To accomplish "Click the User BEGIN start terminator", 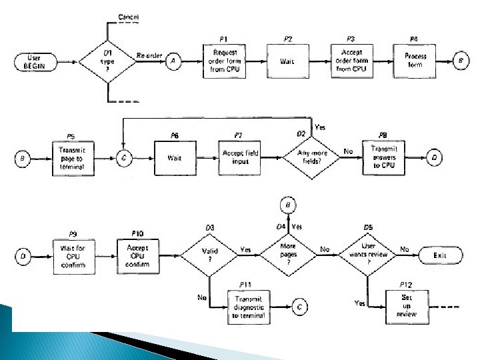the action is (33, 62).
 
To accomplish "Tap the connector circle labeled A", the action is (173, 61).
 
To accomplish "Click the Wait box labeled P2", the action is (287, 61).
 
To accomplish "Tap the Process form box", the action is (415, 61).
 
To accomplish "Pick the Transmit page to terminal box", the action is (71, 158).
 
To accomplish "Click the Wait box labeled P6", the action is (174, 158).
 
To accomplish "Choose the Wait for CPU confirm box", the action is (73, 255).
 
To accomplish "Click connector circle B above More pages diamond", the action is (288, 205).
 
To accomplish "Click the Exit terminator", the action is (439, 255).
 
